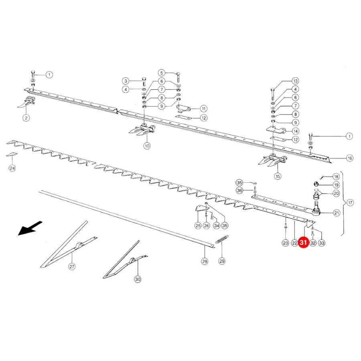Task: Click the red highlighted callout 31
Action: coord(303,242)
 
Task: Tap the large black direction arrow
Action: coord(30,228)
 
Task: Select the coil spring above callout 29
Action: coord(222,239)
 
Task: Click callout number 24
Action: coord(12,168)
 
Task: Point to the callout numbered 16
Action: coord(350,158)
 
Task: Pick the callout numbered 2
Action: coord(26,118)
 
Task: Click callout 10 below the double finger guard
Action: coord(147,146)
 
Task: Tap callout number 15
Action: coord(278,176)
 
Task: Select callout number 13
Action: coord(295,81)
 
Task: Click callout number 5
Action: coord(162,73)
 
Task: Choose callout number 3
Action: coord(126,81)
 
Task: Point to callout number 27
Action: coord(72,266)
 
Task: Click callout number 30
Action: coord(138,279)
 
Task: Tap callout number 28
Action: coord(205,261)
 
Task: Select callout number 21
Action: coord(337,213)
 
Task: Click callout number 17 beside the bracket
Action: coord(350,203)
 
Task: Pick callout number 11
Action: coord(203,108)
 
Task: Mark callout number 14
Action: coord(295,131)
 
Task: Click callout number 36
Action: coord(239,191)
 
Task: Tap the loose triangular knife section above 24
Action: coord(11,154)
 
